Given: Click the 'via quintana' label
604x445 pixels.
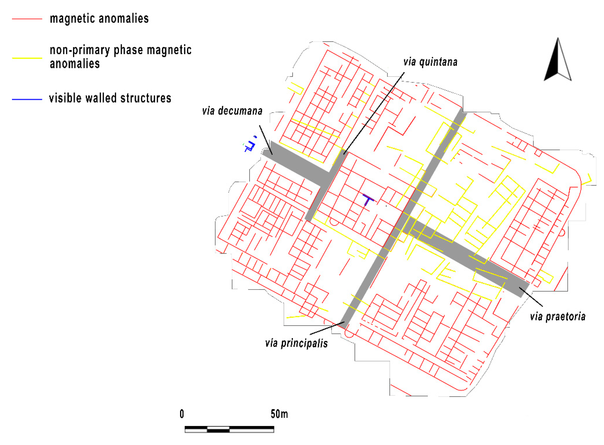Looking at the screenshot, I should [x=430, y=62].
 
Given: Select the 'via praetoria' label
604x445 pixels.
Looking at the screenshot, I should [x=557, y=316].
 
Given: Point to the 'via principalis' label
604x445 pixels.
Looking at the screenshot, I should [x=296, y=343].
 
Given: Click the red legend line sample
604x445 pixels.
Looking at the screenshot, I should [x=27, y=19].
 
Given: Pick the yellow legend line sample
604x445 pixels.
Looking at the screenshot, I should [x=27, y=58].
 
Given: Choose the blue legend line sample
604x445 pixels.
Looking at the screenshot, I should [x=27, y=99].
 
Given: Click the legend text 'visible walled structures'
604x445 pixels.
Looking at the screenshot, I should [x=110, y=98].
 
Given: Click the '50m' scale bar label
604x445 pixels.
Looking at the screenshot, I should [x=279, y=414].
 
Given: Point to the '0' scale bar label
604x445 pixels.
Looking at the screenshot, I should [x=182, y=414].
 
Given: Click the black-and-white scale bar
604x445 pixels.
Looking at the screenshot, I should [x=229, y=429].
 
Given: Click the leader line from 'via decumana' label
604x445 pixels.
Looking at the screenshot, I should [x=266, y=140].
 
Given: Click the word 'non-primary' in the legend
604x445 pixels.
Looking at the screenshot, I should [x=80, y=50].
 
